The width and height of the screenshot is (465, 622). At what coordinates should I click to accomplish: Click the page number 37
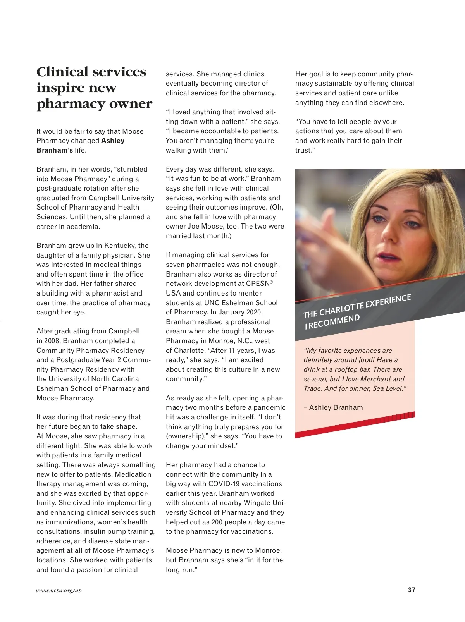tap(412, 590)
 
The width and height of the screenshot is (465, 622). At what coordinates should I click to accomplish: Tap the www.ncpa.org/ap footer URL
tap(59, 591)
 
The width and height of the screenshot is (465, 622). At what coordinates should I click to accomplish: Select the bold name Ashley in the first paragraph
tap(113, 141)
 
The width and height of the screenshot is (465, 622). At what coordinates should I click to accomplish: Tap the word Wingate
tap(258, 503)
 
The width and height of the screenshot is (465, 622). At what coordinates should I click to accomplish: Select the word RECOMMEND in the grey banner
tap(335, 321)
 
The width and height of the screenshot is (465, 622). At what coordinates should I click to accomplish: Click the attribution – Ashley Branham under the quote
tap(333, 407)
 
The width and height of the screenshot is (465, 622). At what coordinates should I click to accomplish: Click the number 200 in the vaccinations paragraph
tap(217, 522)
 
